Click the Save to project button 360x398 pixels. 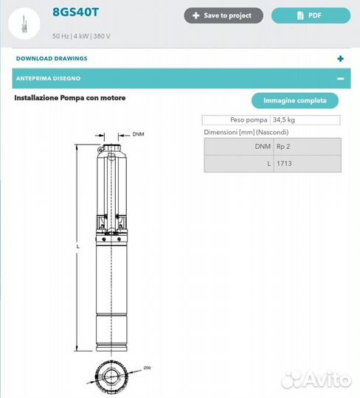(223, 15)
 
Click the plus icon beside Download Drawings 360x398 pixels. (340, 58)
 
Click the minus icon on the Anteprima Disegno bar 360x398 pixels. (340, 78)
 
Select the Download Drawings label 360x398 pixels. (52, 58)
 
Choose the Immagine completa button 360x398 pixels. (294, 101)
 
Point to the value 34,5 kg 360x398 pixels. (285, 119)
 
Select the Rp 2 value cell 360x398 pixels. (283, 147)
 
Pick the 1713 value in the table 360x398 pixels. (283, 163)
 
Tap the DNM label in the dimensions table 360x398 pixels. (263, 147)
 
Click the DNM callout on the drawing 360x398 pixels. (138, 135)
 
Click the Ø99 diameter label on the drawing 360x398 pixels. (148, 368)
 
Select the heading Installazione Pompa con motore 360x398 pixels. (70, 98)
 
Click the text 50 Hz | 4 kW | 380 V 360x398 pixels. (87, 36)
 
